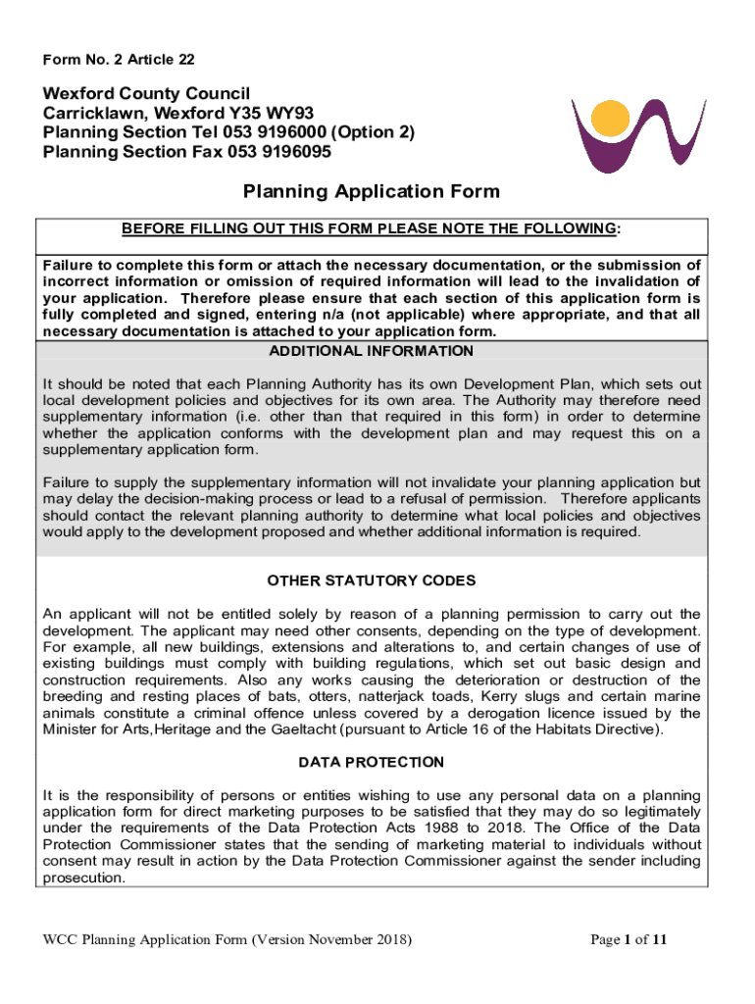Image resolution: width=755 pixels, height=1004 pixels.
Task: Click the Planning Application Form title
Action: click(x=372, y=191)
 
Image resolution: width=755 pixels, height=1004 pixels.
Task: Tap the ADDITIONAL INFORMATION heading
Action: click(x=372, y=351)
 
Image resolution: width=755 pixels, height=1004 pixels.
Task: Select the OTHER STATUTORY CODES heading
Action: click(x=372, y=580)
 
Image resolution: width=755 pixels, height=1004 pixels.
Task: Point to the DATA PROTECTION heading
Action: click(x=372, y=762)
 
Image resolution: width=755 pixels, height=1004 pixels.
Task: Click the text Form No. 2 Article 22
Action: click(x=119, y=60)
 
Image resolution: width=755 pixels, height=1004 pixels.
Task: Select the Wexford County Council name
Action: click(x=146, y=93)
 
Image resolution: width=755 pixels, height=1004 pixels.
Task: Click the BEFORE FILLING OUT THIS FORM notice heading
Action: click(x=372, y=229)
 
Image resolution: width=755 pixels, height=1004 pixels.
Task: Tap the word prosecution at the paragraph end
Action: click(x=82, y=878)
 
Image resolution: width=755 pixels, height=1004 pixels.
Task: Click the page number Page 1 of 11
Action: click(x=629, y=940)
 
